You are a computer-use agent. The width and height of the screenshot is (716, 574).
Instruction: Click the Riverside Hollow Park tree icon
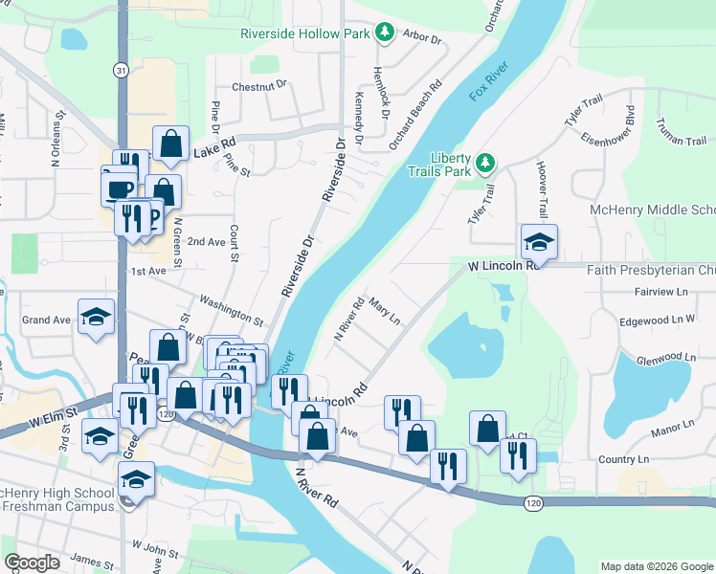[384, 33]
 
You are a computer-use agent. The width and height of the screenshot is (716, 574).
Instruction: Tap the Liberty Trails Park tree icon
[485, 163]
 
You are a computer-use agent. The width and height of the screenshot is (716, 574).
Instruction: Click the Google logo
[33, 563]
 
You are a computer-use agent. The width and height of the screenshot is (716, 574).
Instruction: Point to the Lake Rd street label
[214, 149]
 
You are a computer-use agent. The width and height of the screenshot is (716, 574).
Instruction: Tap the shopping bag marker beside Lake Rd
[170, 144]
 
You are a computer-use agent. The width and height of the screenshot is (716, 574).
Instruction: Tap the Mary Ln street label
[383, 311]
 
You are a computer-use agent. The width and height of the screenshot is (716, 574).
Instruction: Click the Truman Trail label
[681, 132]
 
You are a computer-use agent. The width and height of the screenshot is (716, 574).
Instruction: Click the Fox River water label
[489, 81]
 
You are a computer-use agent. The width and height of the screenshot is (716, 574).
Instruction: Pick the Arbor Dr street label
[422, 40]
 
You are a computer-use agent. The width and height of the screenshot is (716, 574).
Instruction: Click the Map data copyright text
[657, 566]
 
